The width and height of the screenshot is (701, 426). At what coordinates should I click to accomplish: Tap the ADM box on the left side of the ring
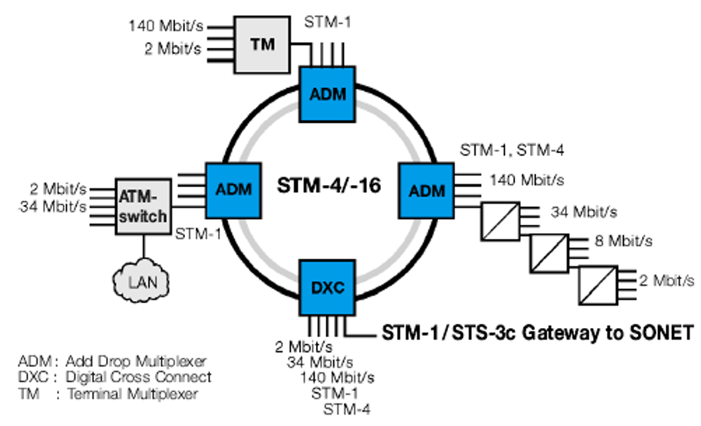(x=232, y=189)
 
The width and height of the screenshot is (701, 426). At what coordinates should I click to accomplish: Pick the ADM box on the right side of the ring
(x=427, y=190)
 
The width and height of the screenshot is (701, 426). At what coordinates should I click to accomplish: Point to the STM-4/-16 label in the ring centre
(x=329, y=186)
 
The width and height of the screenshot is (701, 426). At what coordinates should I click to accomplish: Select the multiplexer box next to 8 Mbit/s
(x=548, y=250)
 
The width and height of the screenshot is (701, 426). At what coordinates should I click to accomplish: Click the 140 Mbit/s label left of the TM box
(x=165, y=25)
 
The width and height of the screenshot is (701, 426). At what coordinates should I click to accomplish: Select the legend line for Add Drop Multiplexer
(x=112, y=361)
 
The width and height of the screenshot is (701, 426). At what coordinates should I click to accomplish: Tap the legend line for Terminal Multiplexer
(x=108, y=394)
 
